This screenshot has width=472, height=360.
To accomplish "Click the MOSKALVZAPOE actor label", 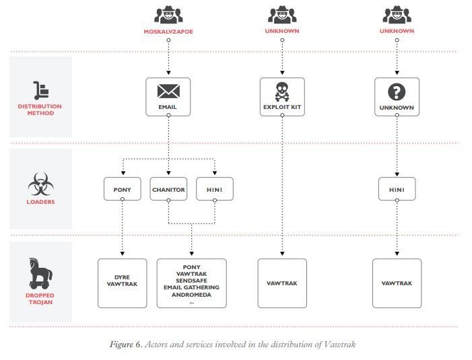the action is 168,32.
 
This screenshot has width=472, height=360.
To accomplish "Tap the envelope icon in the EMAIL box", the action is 168,91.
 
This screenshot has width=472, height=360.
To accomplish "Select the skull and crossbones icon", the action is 282,92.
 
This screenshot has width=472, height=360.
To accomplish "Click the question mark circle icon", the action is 397,92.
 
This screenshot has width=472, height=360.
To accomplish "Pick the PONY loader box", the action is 123,189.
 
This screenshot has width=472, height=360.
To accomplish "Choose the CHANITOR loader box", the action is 168,189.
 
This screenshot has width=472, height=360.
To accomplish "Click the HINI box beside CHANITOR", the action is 215,189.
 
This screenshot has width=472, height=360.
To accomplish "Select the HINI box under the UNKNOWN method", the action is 397,189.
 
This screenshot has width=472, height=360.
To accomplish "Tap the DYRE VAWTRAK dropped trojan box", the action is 123,283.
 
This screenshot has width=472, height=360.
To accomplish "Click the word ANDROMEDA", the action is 191,295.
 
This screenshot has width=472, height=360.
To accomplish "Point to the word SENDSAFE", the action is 191,281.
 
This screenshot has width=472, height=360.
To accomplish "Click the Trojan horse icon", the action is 40,273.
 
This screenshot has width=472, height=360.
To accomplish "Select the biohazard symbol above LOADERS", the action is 40,184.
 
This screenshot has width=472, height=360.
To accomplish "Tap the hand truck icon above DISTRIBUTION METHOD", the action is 41,90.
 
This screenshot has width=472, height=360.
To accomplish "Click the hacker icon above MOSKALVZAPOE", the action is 168,14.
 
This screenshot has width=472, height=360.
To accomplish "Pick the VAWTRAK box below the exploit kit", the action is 282,283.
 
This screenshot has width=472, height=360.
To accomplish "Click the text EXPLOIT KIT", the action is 282,107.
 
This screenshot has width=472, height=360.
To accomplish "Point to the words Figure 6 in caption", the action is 126,345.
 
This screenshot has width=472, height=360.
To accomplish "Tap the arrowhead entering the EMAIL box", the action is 168,73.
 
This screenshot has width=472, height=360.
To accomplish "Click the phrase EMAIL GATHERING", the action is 191,287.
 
